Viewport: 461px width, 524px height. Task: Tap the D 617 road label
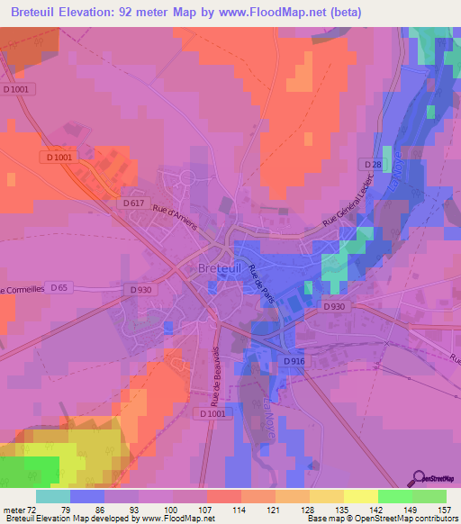coord(131,203)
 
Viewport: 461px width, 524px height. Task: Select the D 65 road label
coord(59,287)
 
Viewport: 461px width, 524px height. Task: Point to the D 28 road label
coord(374,164)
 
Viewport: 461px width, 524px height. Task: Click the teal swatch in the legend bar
coord(53,496)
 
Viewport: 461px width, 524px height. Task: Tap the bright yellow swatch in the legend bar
coord(360,496)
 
